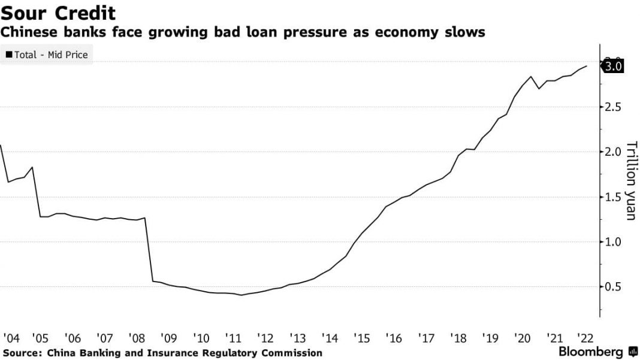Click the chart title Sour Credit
point(58,13)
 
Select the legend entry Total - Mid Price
point(47,55)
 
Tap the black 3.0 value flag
point(614,66)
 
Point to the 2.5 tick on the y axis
point(613,107)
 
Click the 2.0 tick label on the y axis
point(613,152)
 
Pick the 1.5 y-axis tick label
point(613,197)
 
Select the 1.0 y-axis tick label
point(613,242)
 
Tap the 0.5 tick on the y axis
point(613,287)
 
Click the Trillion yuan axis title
point(630,180)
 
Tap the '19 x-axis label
point(487,337)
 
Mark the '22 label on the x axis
point(582,337)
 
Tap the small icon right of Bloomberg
point(633,352)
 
